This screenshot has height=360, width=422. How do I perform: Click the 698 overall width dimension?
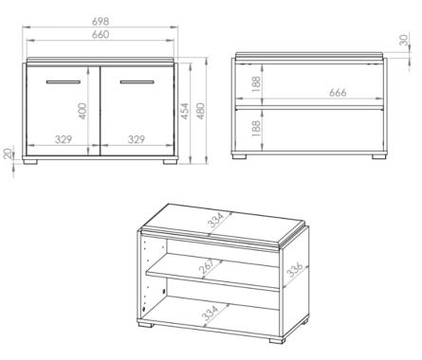tap(101, 22)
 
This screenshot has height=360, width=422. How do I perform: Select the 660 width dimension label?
tap(101, 34)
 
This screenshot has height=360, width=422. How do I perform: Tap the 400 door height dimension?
tap(83, 111)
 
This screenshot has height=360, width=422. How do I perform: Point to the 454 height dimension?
tap(185, 111)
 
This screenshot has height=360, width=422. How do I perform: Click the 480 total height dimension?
tap(201, 111)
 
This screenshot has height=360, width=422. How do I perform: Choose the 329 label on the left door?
tap(64, 139)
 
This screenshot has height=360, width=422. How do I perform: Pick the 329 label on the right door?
tap(137, 139)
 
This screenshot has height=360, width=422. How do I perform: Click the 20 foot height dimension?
tap(9, 153)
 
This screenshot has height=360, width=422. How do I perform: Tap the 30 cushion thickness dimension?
tap(404, 40)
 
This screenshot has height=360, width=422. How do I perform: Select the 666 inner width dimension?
tap(338, 93)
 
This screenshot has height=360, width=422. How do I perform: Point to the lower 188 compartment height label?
tap(256, 128)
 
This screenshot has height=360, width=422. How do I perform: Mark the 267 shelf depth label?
tap(207, 265)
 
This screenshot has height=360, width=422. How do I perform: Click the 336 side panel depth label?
tap(296, 269)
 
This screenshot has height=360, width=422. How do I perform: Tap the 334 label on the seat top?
tap(216, 220)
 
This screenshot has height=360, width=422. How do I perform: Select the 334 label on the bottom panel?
tap(211, 313)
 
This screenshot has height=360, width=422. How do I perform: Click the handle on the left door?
tap(64, 82)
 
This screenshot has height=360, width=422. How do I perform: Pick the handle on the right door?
tap(138, 82)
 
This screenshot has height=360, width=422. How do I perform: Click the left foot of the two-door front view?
tap(30, 161)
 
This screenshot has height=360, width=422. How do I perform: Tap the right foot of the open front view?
tap(379, 156)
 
